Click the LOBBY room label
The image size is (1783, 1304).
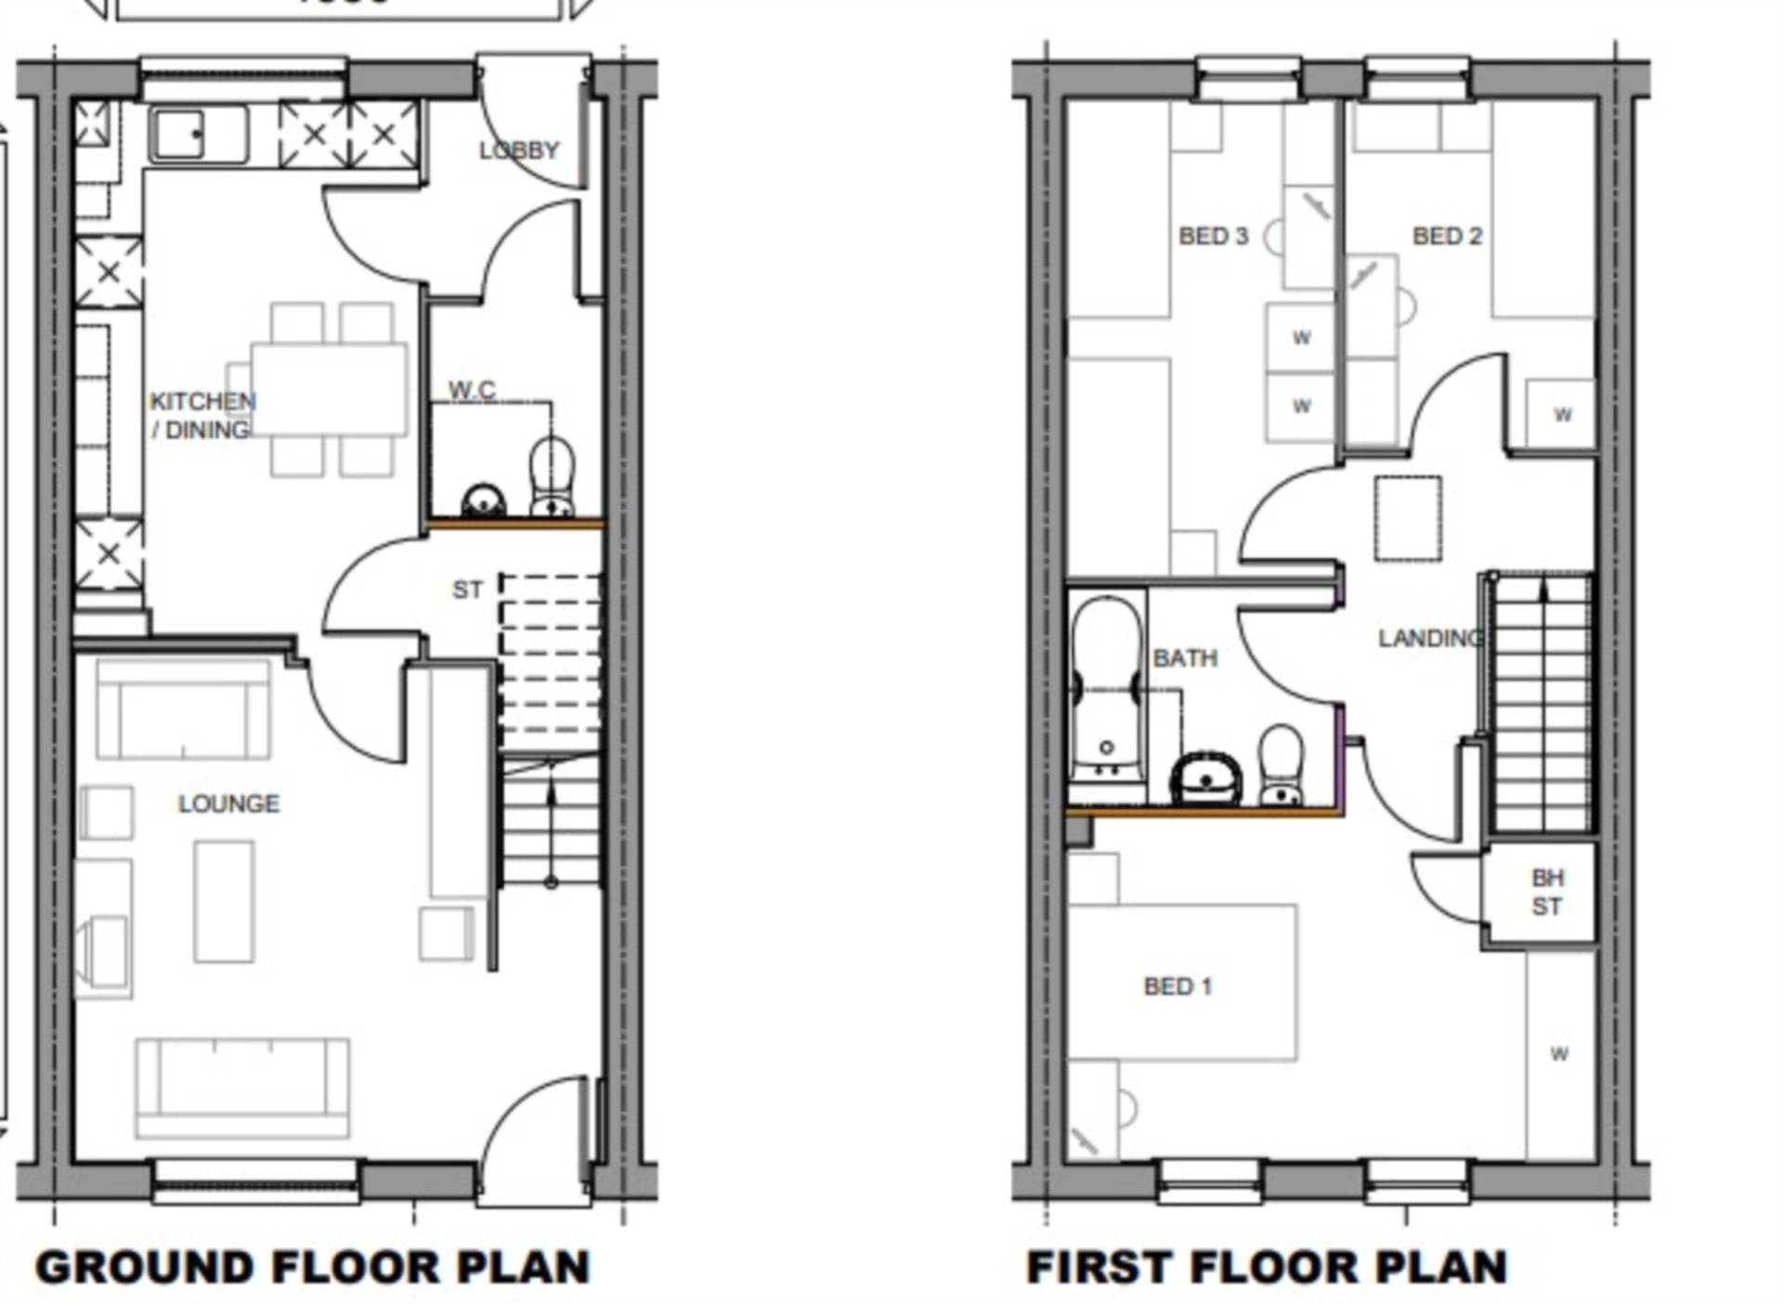(519, 150)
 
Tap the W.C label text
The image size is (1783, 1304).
(472, 390)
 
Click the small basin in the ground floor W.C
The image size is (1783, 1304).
(483, 501)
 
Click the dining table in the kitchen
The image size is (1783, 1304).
(329, 388)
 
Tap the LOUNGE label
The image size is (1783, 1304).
(228, 803)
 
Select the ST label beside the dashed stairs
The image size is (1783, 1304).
(467, 590)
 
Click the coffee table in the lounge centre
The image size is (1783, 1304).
(224, 901)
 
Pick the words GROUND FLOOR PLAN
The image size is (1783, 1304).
(313, 1267)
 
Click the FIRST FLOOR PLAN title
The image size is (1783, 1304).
(1267, 1267)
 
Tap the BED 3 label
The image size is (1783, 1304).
(1213, 236)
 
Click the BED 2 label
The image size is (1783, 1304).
(1447, 236)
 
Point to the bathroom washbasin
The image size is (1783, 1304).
(1206, 778)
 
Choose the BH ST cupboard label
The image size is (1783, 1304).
(1546, 892)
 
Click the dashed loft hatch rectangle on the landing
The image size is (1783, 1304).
(1408, 518)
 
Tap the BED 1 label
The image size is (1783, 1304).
(1178, 985)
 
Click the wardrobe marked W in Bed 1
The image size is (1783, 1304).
(1559, 1054)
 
